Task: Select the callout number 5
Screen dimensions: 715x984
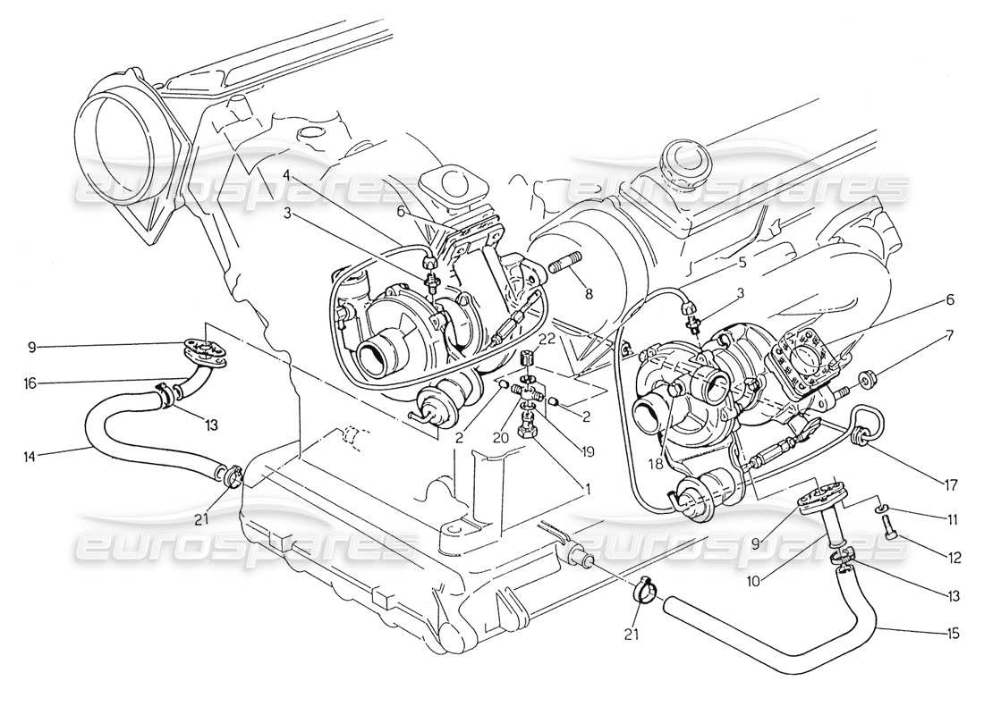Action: click(742, 263)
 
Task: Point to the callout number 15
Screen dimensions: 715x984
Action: click(951, 634)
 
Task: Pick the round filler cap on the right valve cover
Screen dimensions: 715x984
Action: click(683, 162)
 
